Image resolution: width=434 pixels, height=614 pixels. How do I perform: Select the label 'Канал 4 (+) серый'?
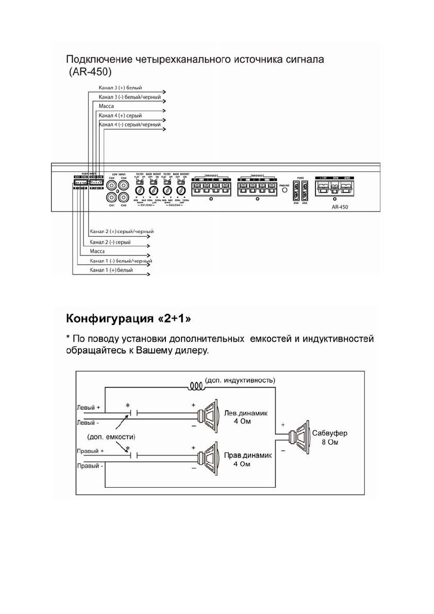coord(120,116)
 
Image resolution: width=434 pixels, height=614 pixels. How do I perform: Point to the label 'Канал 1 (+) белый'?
coord(111,270)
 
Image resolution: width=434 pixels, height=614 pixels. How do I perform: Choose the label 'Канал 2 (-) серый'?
coord(110,242)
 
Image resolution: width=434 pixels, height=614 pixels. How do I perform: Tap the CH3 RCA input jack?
coord(123,198)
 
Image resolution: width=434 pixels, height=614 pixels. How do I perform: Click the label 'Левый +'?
coord(88,407)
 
